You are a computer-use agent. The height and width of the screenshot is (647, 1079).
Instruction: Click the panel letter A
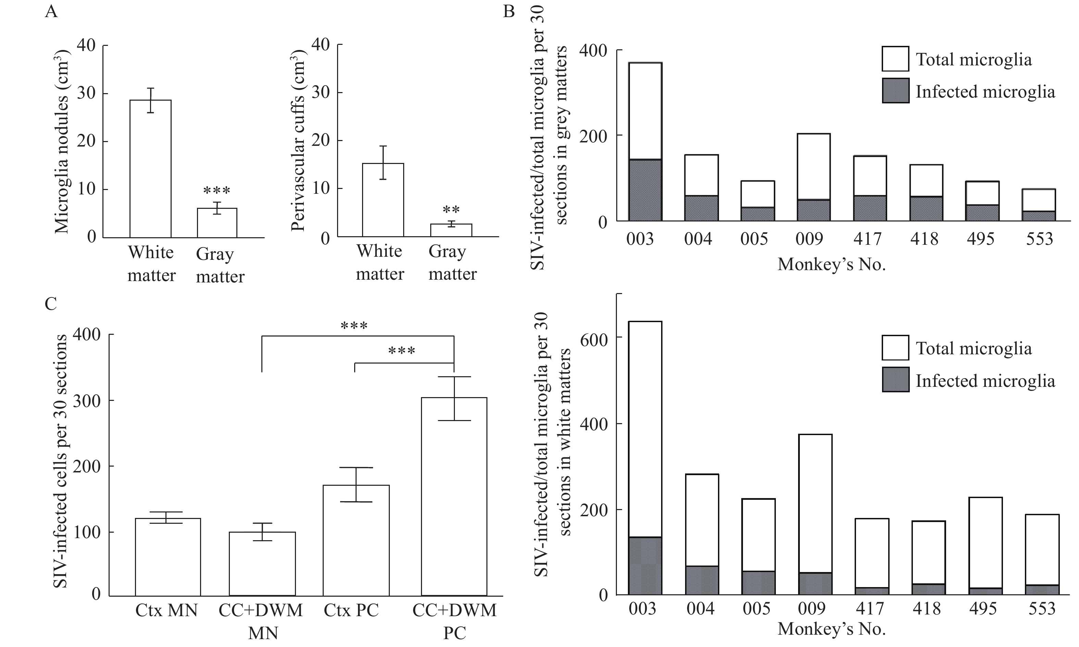[51, 11]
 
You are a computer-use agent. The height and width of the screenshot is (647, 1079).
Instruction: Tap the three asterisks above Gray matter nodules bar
[217, 191]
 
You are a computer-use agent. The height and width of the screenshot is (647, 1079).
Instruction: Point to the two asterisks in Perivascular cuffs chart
[451, 210]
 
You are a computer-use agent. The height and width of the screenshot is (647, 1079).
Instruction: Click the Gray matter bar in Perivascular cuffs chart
[451, 230]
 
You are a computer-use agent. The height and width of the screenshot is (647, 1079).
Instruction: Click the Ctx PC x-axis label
[351, 610]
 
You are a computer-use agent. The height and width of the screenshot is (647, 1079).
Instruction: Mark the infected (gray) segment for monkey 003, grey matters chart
[645, 190]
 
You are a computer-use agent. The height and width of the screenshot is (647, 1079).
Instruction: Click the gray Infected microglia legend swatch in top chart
[895, 91]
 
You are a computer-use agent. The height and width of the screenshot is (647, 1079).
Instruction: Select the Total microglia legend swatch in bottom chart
[895, 347]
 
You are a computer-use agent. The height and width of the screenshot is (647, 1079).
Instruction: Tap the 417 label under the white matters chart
[870, 608]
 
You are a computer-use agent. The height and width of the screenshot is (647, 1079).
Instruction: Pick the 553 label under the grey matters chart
[1039, 239]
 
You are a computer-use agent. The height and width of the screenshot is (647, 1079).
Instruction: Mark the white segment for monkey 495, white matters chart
[985, 543]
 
